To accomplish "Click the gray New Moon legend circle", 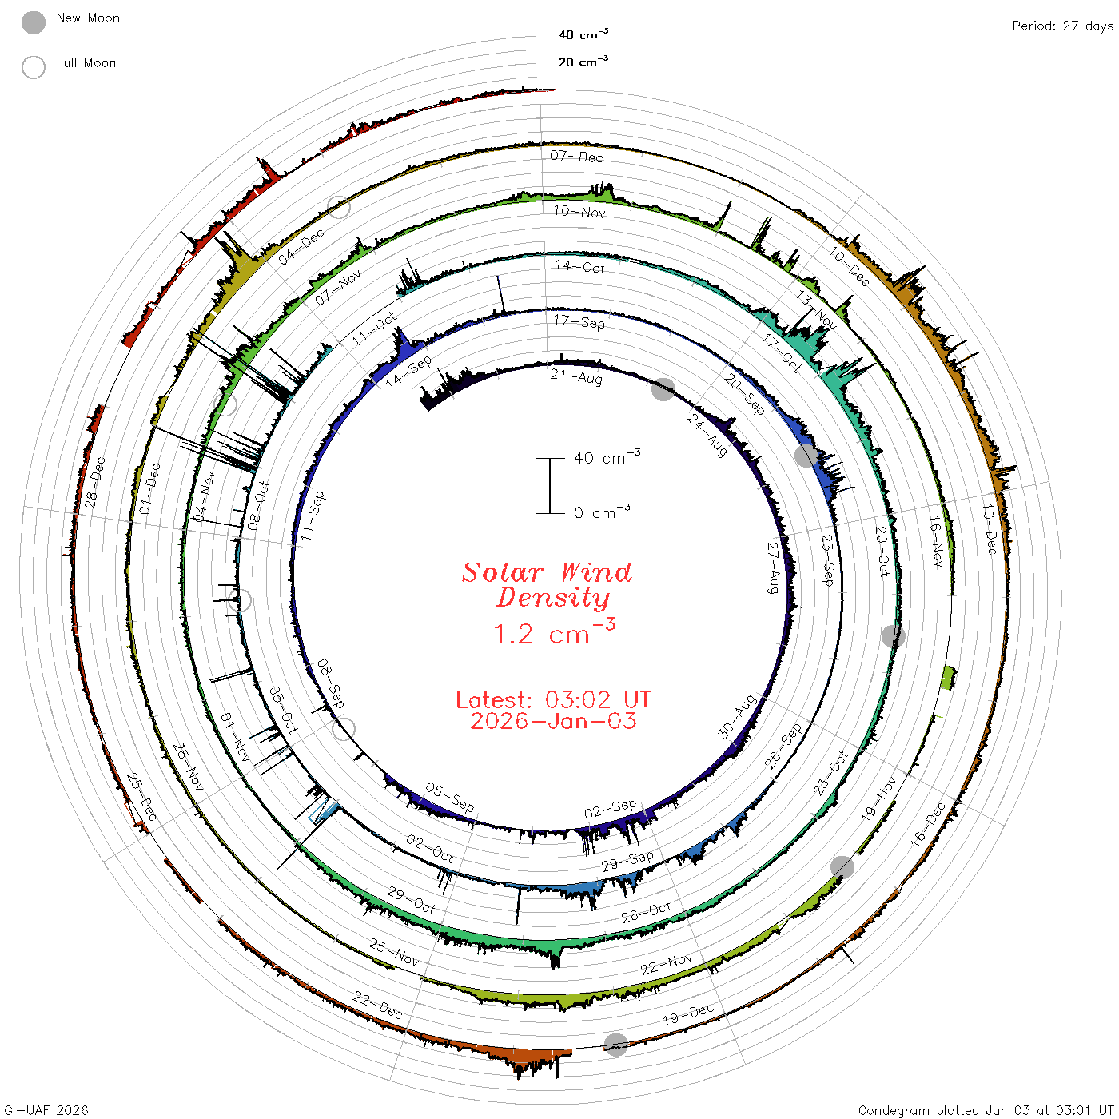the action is click(x=33, y=22).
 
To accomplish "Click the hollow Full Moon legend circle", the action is click(x=33, y=67).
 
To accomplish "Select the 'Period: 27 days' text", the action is click(x=1062, y=26).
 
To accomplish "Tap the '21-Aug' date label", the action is click(x=576, y=377).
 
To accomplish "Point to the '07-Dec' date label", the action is click(x=576, y=156).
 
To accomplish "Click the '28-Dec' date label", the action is click(x=95, y=483).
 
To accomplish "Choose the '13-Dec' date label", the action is click(x=989, y=528).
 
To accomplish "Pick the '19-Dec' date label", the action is click(x=688, y=1014).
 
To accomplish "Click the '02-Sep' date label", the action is click(x=611, y=809).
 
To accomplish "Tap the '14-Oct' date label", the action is click(x=579, y=266).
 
